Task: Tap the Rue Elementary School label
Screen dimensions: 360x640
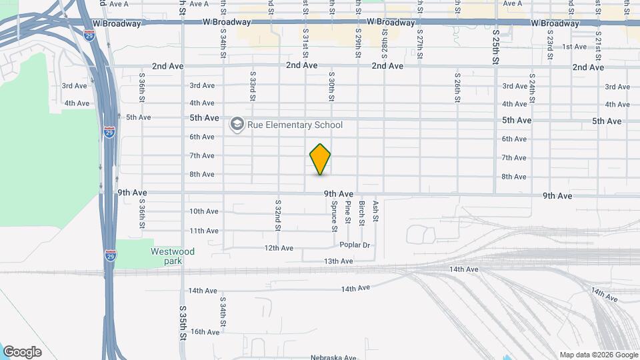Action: [295, 125]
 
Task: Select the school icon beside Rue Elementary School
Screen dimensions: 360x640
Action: [237, 125]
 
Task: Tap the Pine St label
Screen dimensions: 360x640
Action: [348, 212]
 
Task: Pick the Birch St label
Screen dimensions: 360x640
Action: [362, 213]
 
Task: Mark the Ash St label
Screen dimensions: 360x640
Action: [376, 211]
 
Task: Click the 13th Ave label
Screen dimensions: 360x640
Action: [338, 261]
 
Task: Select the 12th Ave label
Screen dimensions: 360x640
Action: [279, 248]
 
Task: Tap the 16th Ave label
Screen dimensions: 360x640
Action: [205, 332]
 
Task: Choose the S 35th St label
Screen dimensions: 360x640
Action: [182, 323]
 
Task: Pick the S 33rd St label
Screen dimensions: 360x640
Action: [253, 87]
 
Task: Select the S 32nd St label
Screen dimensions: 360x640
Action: [278, 214]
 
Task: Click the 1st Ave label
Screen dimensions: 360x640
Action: [574, 47]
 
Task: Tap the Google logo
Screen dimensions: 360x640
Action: [22, 352]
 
